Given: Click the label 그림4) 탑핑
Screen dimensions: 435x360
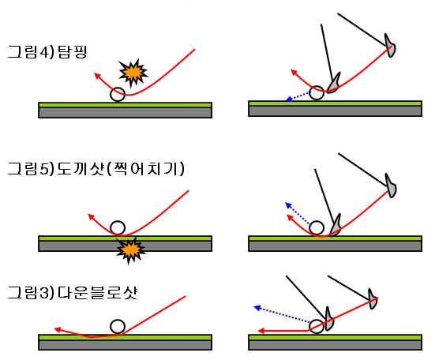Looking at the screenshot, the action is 47,52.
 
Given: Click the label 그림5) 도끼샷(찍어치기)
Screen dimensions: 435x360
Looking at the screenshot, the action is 96,169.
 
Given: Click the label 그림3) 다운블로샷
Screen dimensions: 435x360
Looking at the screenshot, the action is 73,293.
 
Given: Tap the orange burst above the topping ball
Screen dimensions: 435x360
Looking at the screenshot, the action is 133,73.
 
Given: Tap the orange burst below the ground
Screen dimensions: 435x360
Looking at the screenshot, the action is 130,250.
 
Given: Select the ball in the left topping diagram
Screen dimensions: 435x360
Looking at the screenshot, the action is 118,94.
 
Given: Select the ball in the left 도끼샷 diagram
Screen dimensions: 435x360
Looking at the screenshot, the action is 118,228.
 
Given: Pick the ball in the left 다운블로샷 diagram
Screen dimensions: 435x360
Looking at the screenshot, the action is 118,326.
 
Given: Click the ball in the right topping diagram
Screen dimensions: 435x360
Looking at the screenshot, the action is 317,92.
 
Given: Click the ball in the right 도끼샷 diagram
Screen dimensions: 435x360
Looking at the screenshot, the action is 317,227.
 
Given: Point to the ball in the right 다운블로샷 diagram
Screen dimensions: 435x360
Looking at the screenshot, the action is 317,326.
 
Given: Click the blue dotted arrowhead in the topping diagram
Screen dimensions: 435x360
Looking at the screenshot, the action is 289,99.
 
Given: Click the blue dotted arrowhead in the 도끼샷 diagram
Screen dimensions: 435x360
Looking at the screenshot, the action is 288,205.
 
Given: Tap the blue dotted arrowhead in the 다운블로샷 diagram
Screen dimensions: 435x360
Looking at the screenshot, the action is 257,308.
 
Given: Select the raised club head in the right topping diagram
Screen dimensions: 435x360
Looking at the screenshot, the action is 390,46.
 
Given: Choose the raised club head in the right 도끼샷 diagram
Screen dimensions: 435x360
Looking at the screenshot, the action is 391,186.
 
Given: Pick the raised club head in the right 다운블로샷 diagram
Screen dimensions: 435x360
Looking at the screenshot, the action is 373,299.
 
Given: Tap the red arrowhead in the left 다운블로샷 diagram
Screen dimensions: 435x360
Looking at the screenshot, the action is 58,329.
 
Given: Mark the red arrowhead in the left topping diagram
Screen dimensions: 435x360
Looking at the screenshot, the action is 97,76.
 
